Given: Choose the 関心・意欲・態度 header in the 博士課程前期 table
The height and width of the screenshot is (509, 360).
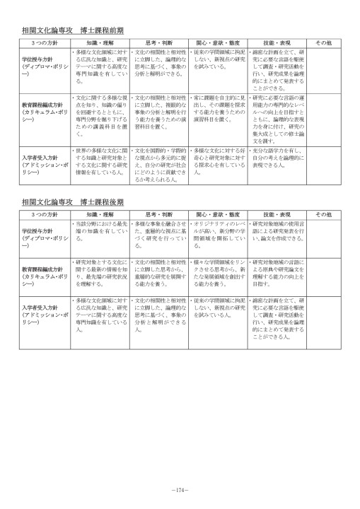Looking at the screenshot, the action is pos(216,43).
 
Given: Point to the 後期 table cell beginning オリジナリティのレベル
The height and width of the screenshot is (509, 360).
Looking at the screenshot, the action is pos(216,230).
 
